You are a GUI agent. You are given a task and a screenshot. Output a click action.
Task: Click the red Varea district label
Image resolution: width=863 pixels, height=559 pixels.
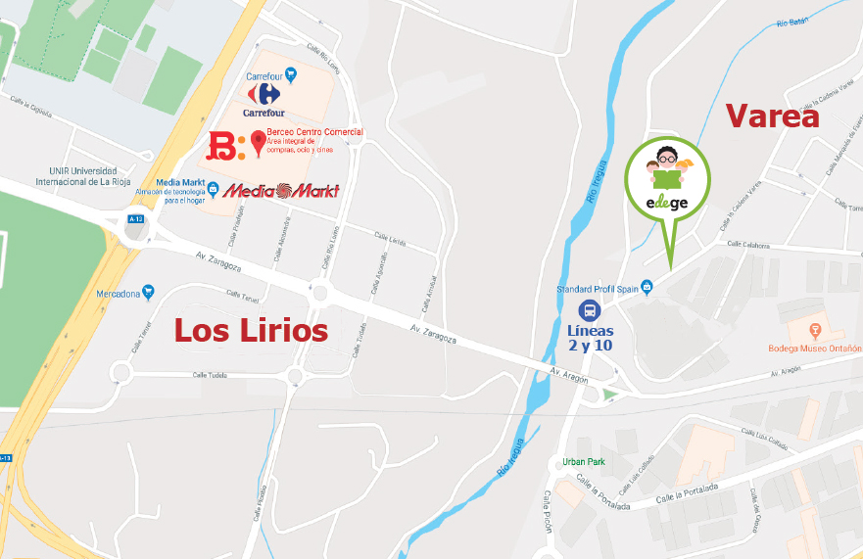[x=772, y=116]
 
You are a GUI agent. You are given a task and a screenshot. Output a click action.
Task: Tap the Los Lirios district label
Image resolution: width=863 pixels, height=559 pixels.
[x=251, y=331]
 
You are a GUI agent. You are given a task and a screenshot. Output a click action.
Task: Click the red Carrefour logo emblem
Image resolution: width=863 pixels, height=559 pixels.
[x=264, y=94]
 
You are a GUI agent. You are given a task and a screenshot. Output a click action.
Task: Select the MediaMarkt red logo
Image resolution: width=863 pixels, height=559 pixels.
[x=281, y=191]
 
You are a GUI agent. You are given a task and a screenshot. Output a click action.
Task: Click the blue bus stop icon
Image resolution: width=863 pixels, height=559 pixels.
[x=590, y=311]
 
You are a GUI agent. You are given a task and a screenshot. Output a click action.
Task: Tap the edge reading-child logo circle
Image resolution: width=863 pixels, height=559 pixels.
[x=669, y=177]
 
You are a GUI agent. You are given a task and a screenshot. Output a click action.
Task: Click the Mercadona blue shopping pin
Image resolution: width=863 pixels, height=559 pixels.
[x=148, y=292]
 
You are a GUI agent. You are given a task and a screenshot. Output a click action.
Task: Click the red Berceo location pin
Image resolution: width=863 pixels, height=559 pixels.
[x=259, y=143]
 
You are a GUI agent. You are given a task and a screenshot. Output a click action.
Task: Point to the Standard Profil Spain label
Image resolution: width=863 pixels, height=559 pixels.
[x=598, y=289]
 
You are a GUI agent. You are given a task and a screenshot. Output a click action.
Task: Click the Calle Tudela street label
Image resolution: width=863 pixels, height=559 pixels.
[x=210, y=375]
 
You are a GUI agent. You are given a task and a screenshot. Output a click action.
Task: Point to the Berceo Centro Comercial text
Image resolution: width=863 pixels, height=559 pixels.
[x=314, y=132]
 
